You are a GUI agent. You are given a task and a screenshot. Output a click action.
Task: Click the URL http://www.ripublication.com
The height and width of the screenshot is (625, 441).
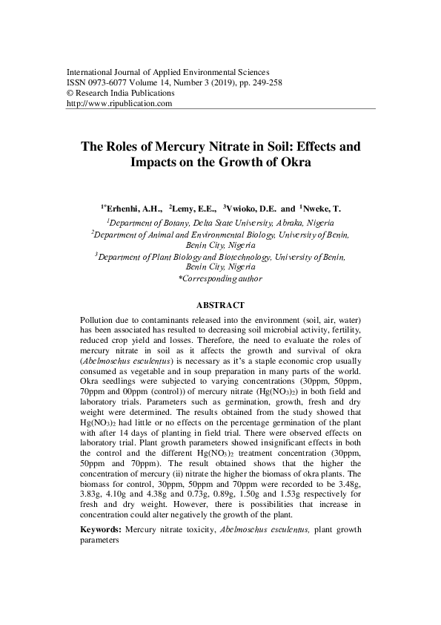point(119,105)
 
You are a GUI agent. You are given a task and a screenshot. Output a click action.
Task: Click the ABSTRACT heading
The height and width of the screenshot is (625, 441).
point(220,305)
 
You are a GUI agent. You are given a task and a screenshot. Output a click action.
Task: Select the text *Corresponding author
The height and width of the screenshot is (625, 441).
point(220,278)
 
